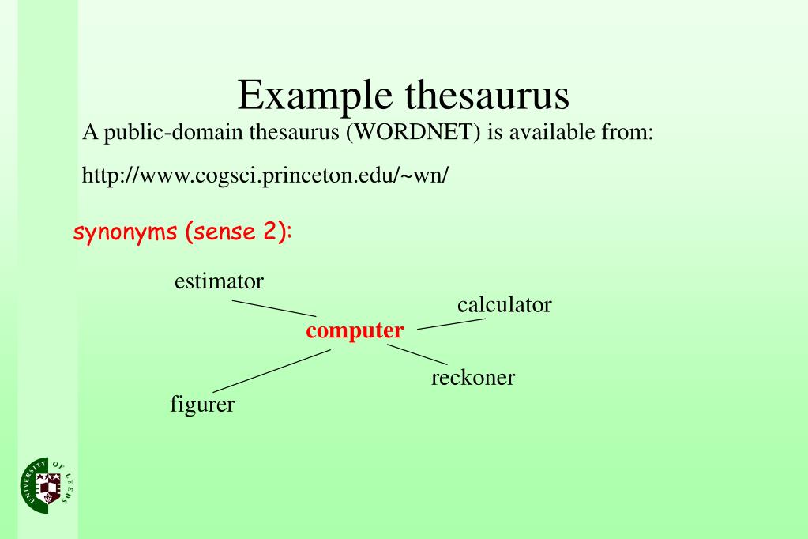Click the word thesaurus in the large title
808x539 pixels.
487,96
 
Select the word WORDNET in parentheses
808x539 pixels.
414,133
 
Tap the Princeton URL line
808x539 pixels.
265,175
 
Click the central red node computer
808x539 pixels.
355,330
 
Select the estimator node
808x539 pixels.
219,281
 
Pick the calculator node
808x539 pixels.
504,304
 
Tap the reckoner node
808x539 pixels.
472,378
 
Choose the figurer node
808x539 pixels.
202,405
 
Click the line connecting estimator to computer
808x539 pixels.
273,307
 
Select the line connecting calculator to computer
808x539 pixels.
450,323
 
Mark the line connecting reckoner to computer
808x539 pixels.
417,354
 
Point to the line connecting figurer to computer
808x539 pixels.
271,371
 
